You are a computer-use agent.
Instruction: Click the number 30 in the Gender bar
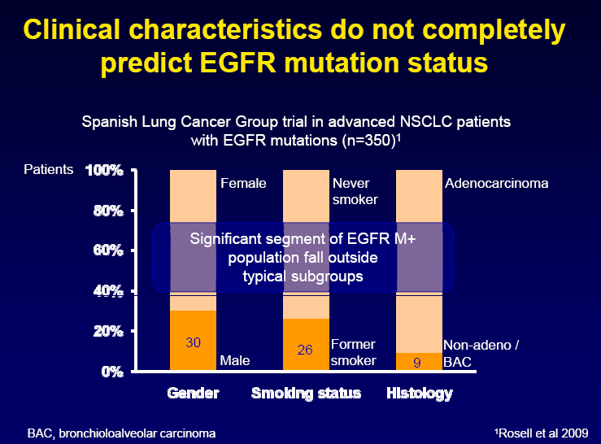(194, 342)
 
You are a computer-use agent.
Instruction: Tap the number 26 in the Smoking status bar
(305, 350)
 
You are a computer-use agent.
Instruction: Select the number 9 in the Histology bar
(417, 363)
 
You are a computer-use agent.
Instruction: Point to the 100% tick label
(104, 170)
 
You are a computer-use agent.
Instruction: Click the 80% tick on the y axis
(108, 211)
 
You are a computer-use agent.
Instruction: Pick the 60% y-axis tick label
(108, 250)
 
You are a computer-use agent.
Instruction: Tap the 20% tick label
(108, 331)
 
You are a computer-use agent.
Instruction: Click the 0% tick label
(112, 372)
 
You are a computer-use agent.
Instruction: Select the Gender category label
(194, 393)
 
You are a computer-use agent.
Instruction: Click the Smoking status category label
(306, 394)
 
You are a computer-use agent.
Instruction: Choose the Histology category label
(420, 394)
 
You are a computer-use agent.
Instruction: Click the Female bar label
(243, 183)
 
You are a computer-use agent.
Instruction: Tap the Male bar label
(234, 360)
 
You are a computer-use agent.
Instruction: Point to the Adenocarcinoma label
(496, 183)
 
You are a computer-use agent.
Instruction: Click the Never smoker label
(355, 191)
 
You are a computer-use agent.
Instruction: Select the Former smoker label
(353, 352)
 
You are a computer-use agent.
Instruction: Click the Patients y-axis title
(48, 169)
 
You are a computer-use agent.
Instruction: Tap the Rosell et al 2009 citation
(541, 433)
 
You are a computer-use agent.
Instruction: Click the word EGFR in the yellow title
(237, 63)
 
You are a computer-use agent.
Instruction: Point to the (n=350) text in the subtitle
(368, 141)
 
